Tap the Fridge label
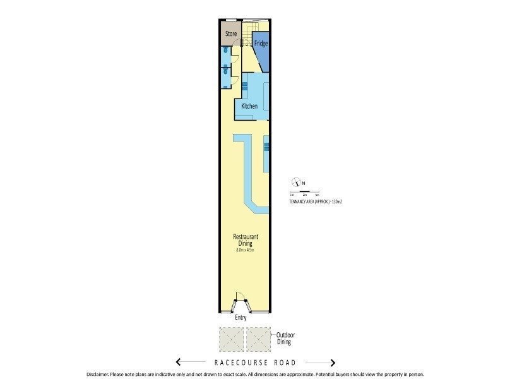coord(261,44)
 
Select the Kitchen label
coord(249,106)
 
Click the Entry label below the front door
coord(241,318)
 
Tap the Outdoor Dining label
coord(287,338)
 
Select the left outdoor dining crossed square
coord(230,339)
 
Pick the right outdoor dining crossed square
coord(259,339)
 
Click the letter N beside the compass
coord(304,184)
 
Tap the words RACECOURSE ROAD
coord(255,363)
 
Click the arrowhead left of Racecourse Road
coord(179,363)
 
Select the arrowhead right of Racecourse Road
coord(332,363)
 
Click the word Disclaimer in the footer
coord(99,374)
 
